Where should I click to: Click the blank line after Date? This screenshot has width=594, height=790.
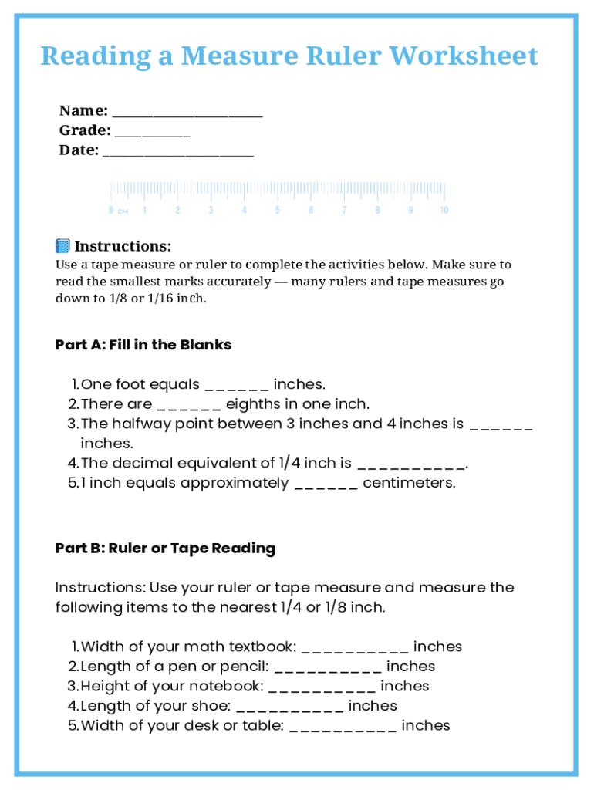click(x=178, y=152)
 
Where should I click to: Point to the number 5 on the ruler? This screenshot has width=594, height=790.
click(x=278, y=210)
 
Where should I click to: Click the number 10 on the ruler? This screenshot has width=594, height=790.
click(x=444, y=210)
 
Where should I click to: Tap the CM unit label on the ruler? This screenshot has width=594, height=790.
click(x=123, y=211)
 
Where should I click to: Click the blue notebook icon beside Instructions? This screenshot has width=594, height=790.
click(x=62, y=246)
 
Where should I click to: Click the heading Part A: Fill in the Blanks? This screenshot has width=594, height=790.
click(x=143, y=345)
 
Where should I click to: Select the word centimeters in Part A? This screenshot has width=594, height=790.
click(x=409, y=483)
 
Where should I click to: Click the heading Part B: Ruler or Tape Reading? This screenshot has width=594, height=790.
click(x=165, y=549)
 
